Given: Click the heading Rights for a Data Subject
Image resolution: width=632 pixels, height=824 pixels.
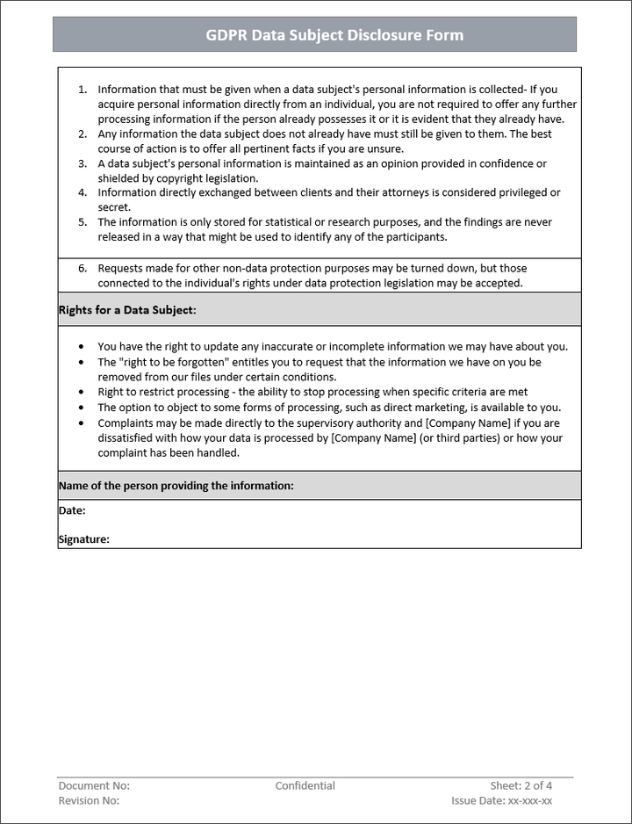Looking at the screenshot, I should click(127, 310).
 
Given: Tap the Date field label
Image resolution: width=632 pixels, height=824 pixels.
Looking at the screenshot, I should click(72, 510).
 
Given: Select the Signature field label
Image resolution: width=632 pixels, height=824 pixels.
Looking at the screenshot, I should click(83, 539).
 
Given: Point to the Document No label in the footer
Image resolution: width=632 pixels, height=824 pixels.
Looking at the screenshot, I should click(94, 785).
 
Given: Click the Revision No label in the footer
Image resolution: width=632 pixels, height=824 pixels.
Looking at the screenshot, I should click(89, 800).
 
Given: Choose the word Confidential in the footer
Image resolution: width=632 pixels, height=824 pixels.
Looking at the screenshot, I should click(305, 785).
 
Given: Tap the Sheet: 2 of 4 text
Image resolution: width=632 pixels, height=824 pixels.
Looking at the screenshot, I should click(521, 785).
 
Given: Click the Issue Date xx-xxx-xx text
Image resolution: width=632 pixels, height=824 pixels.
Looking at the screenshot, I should click(502, 800).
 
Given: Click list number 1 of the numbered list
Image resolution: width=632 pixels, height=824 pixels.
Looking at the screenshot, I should click(83, 90).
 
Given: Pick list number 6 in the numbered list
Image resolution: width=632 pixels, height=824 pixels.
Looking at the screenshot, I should click(83, 268).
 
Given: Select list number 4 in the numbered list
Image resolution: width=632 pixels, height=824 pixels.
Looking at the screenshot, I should click(83, 193).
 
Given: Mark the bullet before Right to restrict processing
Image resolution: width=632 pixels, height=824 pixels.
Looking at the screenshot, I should click(83, 392).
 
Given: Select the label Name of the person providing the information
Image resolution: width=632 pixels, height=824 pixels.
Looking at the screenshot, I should click(176, 486).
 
